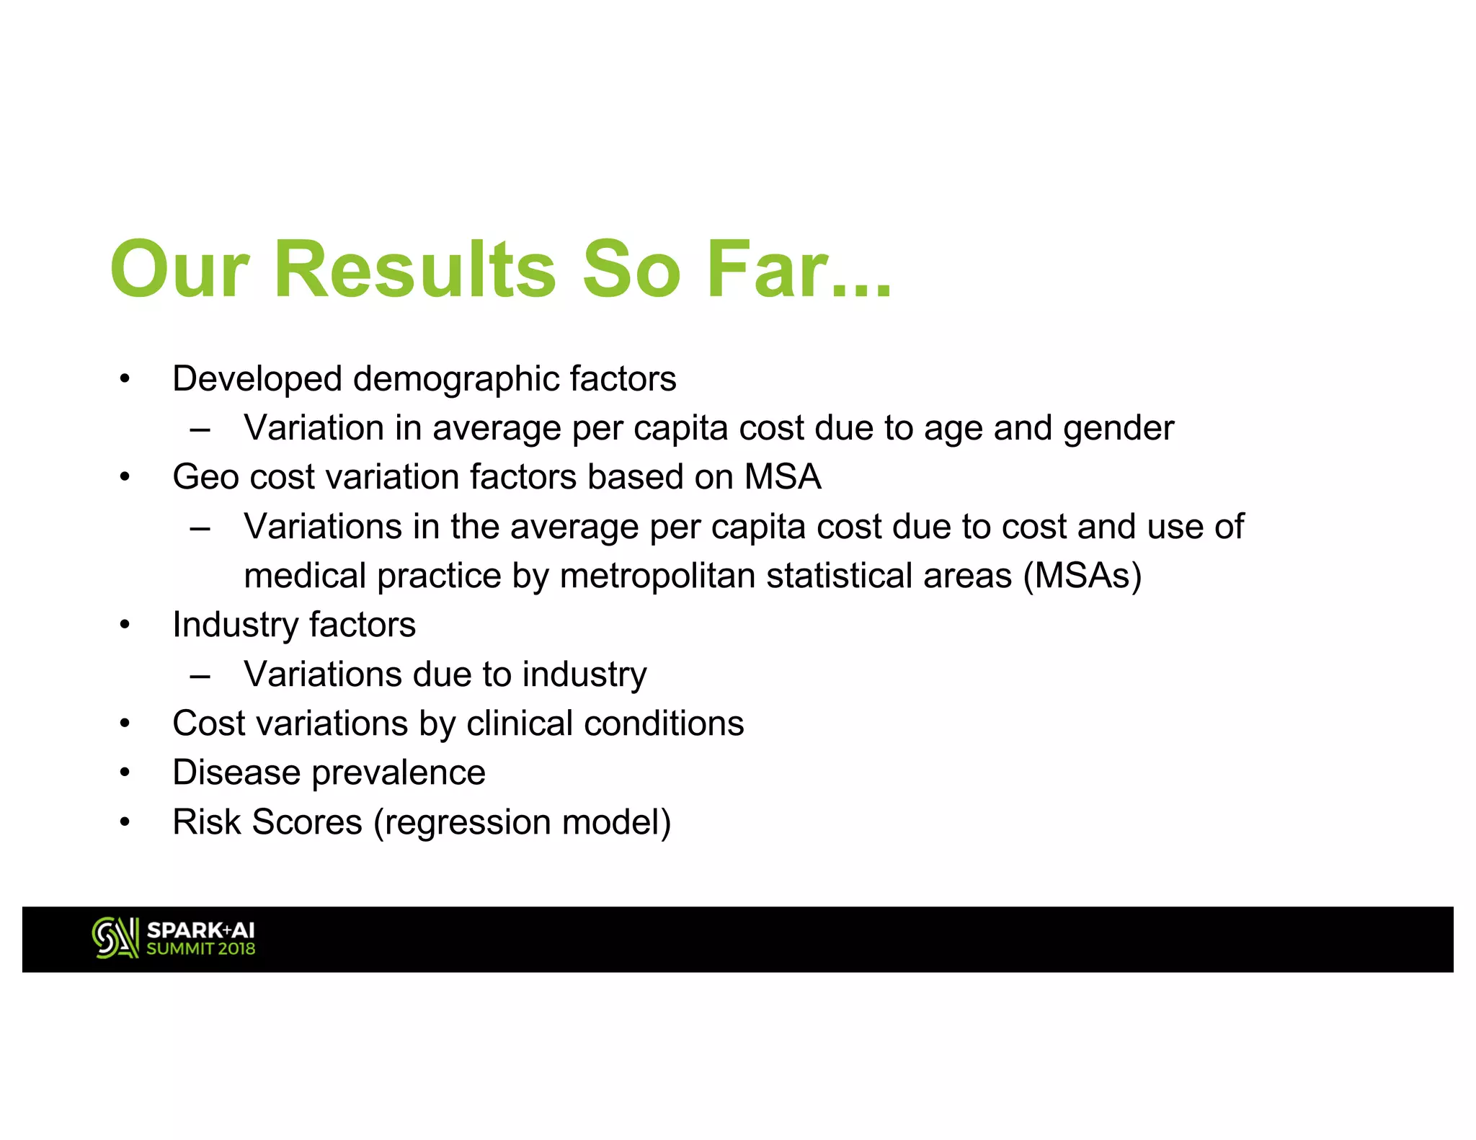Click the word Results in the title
tap(415, 270)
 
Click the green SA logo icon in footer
tap(115, 938)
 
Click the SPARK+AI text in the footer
tap(200, 930)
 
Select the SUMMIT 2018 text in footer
tap(200, 949)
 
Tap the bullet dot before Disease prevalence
tap(125, 773)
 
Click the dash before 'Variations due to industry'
tap(200, 676)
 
